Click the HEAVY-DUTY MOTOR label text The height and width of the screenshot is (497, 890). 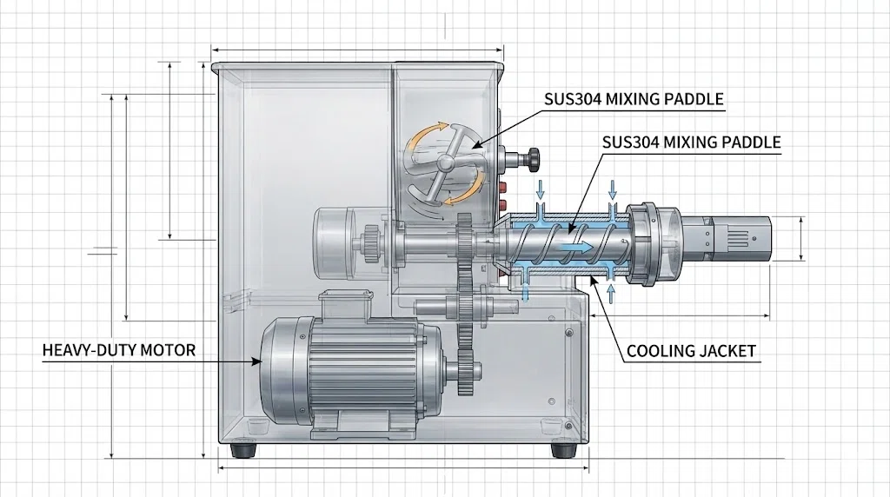(x=119, y=351)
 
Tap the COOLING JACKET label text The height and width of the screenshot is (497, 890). (x=691, y=352)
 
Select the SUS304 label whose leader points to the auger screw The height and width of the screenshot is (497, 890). (x=692, y=142)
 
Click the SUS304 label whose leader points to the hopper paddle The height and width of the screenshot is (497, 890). (x=634, y=100)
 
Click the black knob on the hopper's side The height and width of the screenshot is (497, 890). (x=529, y=157)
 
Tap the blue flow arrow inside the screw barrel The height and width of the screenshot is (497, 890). (x=577, y=248)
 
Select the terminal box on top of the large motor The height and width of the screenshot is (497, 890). (x=344, y=306)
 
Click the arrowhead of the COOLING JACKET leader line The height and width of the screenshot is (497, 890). (x=591, y=279)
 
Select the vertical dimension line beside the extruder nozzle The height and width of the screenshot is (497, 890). (x=800, y=238)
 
